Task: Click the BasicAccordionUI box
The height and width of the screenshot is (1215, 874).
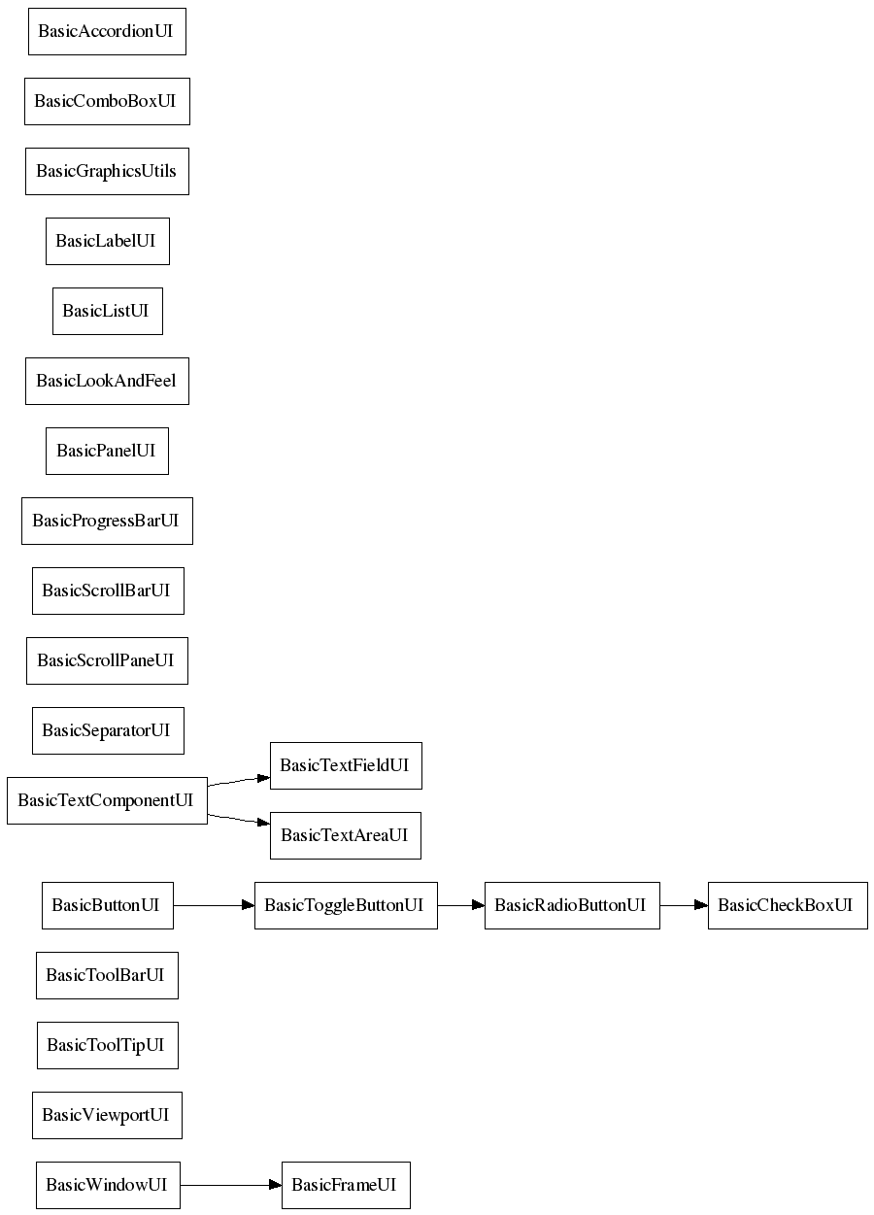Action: pyautogui.click(x=108, y=31)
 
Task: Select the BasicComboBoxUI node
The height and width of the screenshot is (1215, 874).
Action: pyautogui.click(x=108, y=101)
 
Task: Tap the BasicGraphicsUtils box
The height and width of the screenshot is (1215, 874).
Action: pyautogui.click(x=108, y=171)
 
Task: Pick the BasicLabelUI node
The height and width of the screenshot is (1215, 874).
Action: pyautogui.click(x=108, y=242)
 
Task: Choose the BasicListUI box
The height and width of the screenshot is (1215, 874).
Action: pyautogui.click(x=108, y=312)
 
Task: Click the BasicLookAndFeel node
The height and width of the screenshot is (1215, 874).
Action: pyautogui.click(x=108, y=382)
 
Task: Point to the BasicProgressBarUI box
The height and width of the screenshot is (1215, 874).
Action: pyautogui.click(x=108, y=522)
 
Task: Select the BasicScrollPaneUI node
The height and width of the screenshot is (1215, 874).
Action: pyautogui.click(x=108, y=661)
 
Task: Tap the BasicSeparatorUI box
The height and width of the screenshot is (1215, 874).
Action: pyautogui.click(x=108, y=731)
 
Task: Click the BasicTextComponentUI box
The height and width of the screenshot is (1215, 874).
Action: pyautogui.click(x=108, y=801)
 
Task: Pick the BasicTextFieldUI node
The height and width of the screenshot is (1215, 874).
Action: pyautogui.click(x=346, y=766)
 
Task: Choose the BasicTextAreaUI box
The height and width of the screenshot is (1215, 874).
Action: pyautogui.click(x=346, y=836)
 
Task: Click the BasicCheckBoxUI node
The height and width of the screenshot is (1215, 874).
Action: pyautogui.click(x=788, y=906)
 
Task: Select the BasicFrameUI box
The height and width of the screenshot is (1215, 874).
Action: pyautogui.click(x=346, y=1186)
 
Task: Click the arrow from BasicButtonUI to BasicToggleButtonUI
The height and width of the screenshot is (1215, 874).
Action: pyautogui.click(x=215, y=906)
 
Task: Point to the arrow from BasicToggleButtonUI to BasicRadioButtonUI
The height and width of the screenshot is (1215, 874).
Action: pyautogui.click(x=461, y=906)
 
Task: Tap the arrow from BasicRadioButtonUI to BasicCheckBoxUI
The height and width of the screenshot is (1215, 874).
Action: pyautogui.click(x=685, y=906)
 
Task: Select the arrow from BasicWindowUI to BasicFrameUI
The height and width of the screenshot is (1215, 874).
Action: pyautogui.click(x=231, y=1186)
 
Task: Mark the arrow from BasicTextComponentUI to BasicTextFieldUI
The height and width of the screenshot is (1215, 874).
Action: pyautogui.click(x=239, y=782)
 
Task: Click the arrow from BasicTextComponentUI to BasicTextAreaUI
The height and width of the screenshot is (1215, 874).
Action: pyautogui.click(x=239, y=820)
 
